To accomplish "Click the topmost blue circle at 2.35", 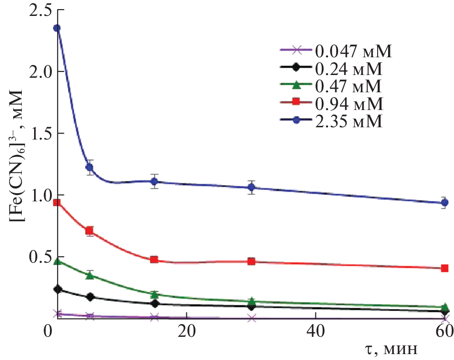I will [57, 28].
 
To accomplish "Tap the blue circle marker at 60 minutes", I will [444, 203].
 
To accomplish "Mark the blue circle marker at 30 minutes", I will [251, 187].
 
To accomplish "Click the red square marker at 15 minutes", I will [154, 260].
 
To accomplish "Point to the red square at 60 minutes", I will [444, 268].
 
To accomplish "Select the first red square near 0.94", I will [57, 203].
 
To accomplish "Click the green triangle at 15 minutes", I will [154, 295].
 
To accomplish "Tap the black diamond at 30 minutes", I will [251, 306].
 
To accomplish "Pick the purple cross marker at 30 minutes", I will [251, 318].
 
